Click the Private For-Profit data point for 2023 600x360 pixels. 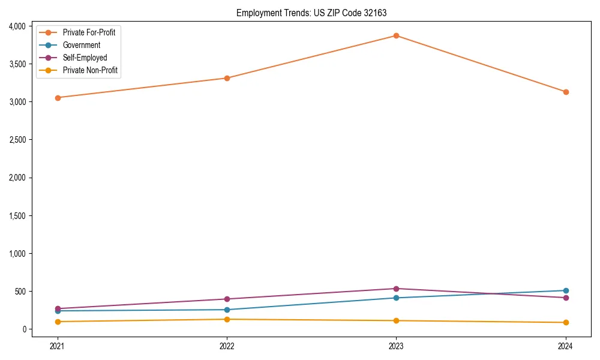pyautogui.click(x=396, y=35)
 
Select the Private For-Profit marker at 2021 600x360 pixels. pyautogui.click(x=58, y=97)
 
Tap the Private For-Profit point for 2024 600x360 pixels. pyautogui.click(x=565, y=92)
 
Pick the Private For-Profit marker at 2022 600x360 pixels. pyautogui.click(x=227, y=78)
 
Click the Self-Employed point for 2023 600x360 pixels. pyautogui.click(x=396, y=289)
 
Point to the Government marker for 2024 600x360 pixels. pyautogui.click(x=565, y=290)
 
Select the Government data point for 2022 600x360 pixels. pyautogui.click(x=227, y=310)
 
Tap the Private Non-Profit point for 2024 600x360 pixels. pyautogui.click(x=565, y=322)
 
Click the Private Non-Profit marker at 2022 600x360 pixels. pyautogui.click(x=227, y=319)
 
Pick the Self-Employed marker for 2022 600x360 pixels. pyautogui.click(x=227, y=299)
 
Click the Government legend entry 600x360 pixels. pyautogui.click(x=81, y=45)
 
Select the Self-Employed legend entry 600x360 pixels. pyautogui.click(x=85, y=58)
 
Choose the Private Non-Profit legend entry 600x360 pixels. pyautogui.click(x=90, y=70)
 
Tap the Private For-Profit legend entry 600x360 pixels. pyautogui.click(x=89, y=32)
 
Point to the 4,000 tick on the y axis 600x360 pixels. pyautogui.click(x=17, y=26)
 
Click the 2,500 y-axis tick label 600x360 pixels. pyautogui.click(x=17, y=140)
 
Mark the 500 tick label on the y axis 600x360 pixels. pyautogui.click(x=21, y=292)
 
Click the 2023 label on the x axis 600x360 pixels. pyautogui.click(x=396, y=346)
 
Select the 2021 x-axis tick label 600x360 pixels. pyautogui.click(x=58, y=346)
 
